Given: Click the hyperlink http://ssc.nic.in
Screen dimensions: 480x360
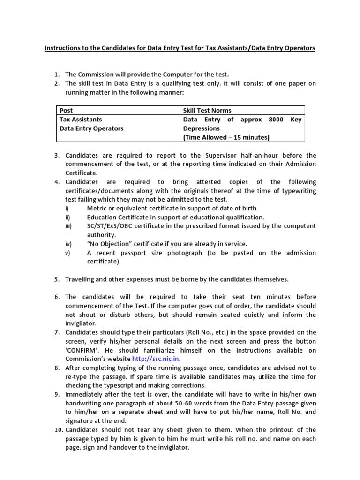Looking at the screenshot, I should [x=157, y=359].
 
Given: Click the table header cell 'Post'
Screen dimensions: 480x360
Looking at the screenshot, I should [x=66, y=110].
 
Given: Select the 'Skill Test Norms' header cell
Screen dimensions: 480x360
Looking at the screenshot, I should [x=207, y=110].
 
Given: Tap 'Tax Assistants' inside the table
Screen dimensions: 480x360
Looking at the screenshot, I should [x=80, y=120].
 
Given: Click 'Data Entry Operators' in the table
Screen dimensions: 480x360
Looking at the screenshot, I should [x=91, y=128].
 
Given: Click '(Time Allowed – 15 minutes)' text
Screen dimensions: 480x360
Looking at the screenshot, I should [x=226, y=137].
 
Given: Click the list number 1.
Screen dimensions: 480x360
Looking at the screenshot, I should [x=56, y=75].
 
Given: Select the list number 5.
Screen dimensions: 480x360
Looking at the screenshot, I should [x=56, y=279].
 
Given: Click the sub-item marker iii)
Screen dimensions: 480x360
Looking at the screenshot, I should [x=68, y=226].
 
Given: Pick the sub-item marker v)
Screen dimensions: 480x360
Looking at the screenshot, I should [x=67, y=253].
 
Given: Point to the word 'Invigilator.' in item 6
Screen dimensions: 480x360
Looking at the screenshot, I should [x=81, y=323].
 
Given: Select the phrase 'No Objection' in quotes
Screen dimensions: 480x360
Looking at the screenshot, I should [x=111, y=244].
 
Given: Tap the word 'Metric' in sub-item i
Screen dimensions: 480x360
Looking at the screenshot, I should [x=97, y=208].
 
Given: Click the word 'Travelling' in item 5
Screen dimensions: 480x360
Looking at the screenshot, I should [x=81, y=279].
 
